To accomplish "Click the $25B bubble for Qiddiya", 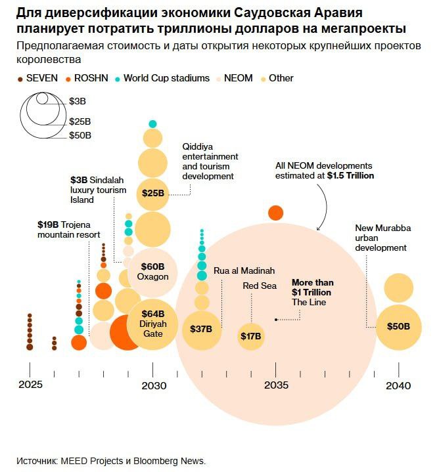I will pos(152,194).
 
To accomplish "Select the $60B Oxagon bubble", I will pos(152,271).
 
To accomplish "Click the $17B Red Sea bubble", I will pos(250,336).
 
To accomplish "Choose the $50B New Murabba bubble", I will pos(398,326).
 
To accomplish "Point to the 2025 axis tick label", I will pos(30,384).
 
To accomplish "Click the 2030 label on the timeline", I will pos(153,385).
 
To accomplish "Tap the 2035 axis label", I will pos(276,385).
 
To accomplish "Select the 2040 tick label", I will pos(399,385).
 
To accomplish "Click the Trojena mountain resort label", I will pos(68,229).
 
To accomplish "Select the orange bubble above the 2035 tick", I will pos(276,213).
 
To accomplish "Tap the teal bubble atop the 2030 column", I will pos(152,123).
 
